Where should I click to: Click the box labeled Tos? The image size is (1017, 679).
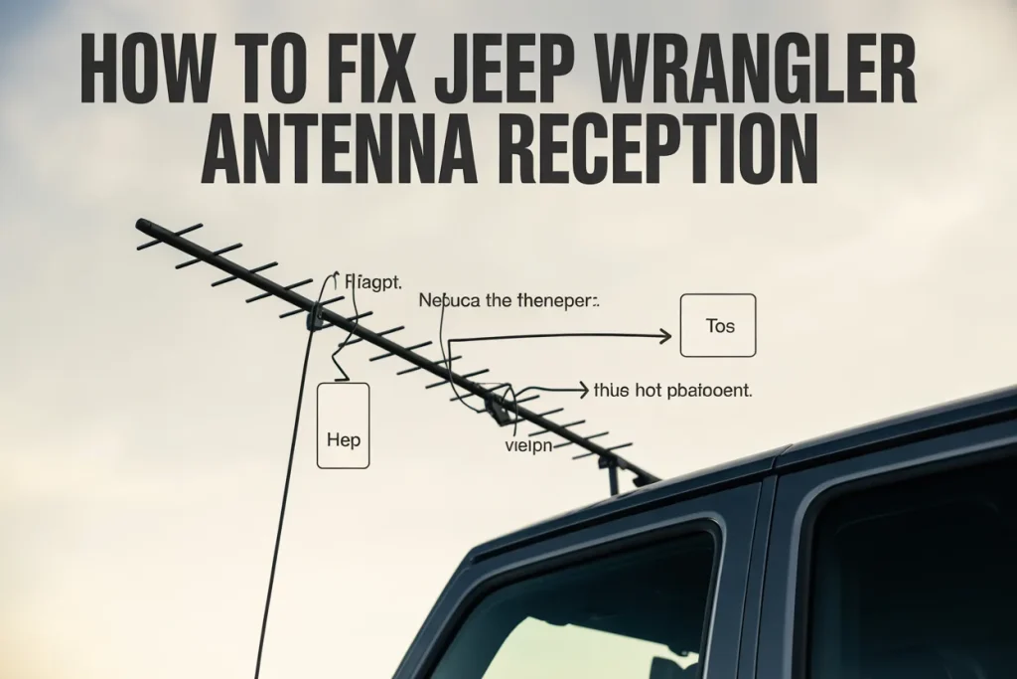[x=718, y=325]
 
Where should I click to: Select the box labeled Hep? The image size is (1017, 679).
[x=343, y=425]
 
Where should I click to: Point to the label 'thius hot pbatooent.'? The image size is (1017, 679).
[x=672, y=391]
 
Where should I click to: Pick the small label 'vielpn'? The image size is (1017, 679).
[x=526, y=445]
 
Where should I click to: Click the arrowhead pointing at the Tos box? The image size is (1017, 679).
[x=666, y=337]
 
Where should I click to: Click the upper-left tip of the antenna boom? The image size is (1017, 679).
[x=142, y=226]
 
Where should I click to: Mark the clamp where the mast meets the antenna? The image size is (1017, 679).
[x=316, y=318]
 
